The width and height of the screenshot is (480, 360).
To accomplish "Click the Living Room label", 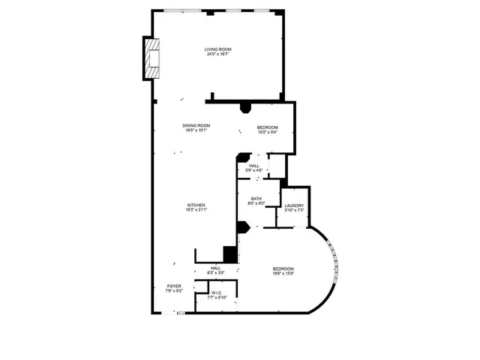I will (216, 50).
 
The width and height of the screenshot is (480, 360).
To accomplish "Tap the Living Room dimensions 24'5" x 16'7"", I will (216, 55).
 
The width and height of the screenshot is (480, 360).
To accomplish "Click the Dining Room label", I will (196, 125).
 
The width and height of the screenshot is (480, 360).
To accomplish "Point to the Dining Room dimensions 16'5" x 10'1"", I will (196, 130).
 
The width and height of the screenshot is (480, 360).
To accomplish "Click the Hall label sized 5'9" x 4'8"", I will (254, 166).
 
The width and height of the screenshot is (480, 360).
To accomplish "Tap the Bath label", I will (256, 199).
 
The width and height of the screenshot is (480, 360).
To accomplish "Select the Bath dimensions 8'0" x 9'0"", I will (256, 204).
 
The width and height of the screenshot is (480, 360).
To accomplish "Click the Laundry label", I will (293, 205).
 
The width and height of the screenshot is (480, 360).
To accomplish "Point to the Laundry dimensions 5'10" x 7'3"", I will (293, 210).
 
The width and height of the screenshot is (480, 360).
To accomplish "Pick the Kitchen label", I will (196, 205).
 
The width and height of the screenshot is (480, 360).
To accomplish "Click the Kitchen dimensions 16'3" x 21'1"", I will (196, 210).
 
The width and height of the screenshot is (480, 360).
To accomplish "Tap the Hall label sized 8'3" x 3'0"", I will (216, 268).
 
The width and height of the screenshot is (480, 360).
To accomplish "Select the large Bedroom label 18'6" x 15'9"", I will (283, 269).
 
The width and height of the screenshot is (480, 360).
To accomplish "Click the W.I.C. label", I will (216, 293).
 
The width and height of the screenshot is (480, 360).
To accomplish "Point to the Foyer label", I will (174, 286).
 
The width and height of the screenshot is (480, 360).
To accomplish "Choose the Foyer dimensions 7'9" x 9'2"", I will (174, 291).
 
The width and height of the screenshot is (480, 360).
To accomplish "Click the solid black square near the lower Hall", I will (230, 254).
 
